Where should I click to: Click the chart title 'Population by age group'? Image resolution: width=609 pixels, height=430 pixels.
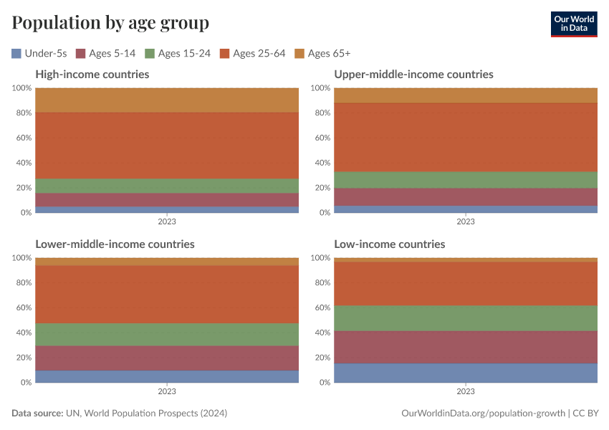110,23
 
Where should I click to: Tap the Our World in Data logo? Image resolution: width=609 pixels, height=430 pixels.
573,24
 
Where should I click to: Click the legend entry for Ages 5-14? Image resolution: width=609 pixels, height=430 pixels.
107,53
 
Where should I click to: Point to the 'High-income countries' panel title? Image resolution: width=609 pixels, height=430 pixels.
92,75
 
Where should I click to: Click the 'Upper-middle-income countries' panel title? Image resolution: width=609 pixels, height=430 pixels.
413,75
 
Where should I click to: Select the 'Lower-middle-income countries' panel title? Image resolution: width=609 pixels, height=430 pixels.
115,244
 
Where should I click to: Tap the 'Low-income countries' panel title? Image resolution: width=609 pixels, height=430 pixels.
390,244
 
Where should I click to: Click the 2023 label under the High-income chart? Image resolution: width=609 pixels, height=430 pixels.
167,221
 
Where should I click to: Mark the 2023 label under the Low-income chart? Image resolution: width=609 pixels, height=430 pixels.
466,391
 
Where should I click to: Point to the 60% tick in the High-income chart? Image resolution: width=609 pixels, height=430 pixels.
23,138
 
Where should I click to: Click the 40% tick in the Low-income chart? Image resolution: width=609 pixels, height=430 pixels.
322,333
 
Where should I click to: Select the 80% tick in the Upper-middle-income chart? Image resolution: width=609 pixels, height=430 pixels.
322,113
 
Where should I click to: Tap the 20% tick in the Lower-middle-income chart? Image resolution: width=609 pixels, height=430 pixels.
23,358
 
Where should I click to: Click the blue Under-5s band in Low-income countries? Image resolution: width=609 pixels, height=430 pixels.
466,373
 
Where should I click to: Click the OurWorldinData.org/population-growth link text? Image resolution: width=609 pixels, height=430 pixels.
483,414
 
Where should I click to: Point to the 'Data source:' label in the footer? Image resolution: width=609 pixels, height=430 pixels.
37,414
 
